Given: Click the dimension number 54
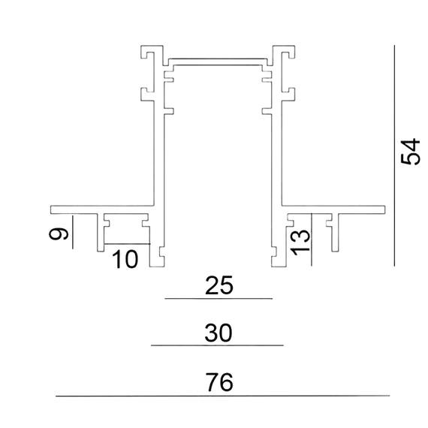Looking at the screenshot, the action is click(x=410, y=152).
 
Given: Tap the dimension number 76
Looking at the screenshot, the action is click(x=219, y=382).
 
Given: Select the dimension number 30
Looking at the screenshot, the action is click(x=219, y=333).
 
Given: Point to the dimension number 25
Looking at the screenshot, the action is click(x=219, y=285).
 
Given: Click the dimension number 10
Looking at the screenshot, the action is click(x=125, y=259).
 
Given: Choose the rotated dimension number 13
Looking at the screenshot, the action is click(x=300, y=243).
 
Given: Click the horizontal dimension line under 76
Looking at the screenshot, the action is click(x=223, y=396).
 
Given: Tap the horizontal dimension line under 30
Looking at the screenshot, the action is click(x=217, y=345).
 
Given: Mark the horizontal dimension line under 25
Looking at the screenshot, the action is click(x=219, y=299).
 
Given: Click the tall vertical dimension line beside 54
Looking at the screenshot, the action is click(x=394, y=155).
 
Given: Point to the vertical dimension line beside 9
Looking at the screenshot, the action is click(x=73, y=232).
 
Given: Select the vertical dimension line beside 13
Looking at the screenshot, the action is click(x=312, y=240).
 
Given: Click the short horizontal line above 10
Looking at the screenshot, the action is click(x=127, y=243).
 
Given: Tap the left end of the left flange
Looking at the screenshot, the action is click(x=51, y=209).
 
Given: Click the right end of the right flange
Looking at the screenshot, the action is click(x=385, y=209).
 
